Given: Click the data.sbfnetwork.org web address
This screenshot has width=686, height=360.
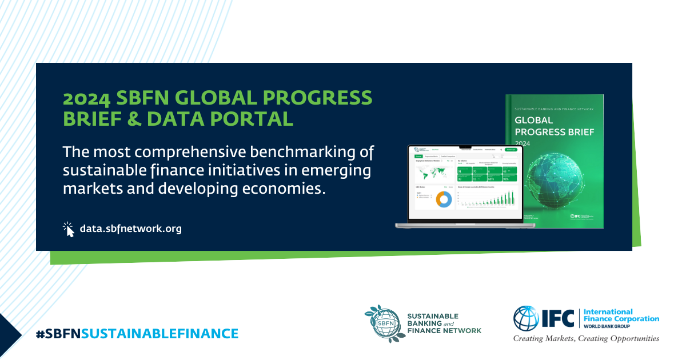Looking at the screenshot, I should [x=130, y=229].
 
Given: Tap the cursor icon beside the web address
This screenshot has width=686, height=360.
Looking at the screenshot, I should [x=69, y=229].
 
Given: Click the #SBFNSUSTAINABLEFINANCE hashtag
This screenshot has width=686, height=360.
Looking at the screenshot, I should [x=137, y=333].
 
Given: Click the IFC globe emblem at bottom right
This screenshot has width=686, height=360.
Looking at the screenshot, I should [x=526, y=319].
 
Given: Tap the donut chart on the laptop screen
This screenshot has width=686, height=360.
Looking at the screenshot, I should [x=444, y=199].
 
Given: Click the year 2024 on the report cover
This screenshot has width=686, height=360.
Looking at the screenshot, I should [x=523, y=143].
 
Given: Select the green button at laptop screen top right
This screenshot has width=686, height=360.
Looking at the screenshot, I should [x=510, y=150].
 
